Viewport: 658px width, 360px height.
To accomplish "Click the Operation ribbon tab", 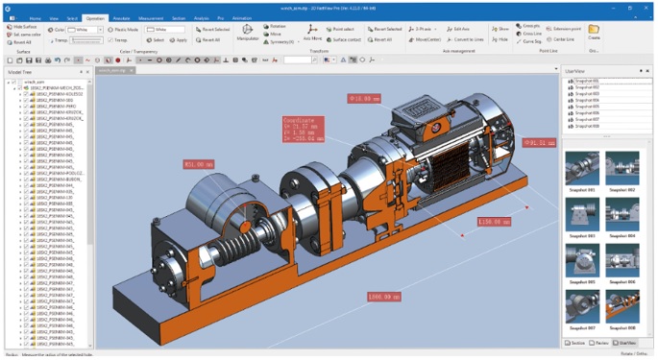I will click(95, 18).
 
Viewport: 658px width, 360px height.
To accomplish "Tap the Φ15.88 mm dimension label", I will click(365, 98).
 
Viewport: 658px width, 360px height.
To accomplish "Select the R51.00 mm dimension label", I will click(199, 163).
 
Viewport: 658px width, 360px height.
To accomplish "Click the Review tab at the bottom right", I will click(600, 343).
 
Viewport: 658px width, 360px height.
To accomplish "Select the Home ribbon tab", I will click(36, 18).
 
